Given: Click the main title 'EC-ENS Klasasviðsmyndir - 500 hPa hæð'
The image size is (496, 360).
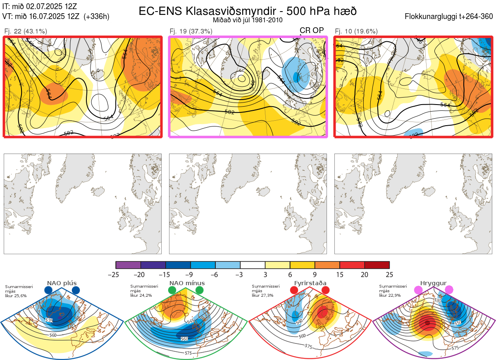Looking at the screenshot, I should coord(248,11).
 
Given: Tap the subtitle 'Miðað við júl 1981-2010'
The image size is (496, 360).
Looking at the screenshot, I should coord(248,20).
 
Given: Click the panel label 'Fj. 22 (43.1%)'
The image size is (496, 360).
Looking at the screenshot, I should coord(25,31).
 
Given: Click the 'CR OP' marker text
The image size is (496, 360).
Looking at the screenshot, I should coord(312,31).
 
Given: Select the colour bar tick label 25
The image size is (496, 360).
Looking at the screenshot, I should coord(389,274).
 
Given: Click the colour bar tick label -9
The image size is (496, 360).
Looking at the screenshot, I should coord(191,274).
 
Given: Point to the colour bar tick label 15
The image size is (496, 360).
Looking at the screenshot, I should coord(339,274).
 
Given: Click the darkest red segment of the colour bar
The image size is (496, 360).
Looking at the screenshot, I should coord(377,265).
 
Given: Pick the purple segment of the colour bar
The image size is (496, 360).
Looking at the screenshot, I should coord(128,265).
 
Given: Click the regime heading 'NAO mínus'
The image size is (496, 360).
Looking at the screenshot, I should coord(186,283).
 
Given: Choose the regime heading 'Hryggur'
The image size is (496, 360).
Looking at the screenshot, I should coord(433,283).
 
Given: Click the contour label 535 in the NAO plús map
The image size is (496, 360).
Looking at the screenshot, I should coord(49,320).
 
